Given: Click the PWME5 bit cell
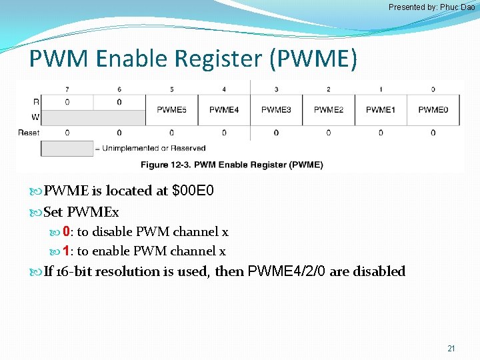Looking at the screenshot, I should click(x=171, y=110).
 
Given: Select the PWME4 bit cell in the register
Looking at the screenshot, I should click(x=224, y=110).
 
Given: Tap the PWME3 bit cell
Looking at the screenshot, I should click(x=276, y=110).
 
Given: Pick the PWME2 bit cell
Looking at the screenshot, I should click(x=329, y=110).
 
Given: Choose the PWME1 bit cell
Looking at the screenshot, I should click(x=381, y=110).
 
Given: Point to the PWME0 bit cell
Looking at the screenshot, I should click(x=433, y=110).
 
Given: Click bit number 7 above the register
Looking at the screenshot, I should click(x=67, y=89).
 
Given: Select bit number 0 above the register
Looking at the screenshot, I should click(x=433, y=89).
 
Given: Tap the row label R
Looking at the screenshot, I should click(x=35, y=102).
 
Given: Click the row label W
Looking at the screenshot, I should click(x=35, y=118).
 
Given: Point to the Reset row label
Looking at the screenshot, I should click(x=29, y=133).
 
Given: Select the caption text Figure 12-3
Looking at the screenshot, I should click(x=162, y=165).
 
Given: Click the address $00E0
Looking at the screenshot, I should click(x=193, y=191).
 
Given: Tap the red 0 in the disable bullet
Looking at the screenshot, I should click(x=67, y=232).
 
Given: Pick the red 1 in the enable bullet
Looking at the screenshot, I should click(x=67, y=251).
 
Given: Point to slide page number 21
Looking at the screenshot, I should click(x=451, y=349).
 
